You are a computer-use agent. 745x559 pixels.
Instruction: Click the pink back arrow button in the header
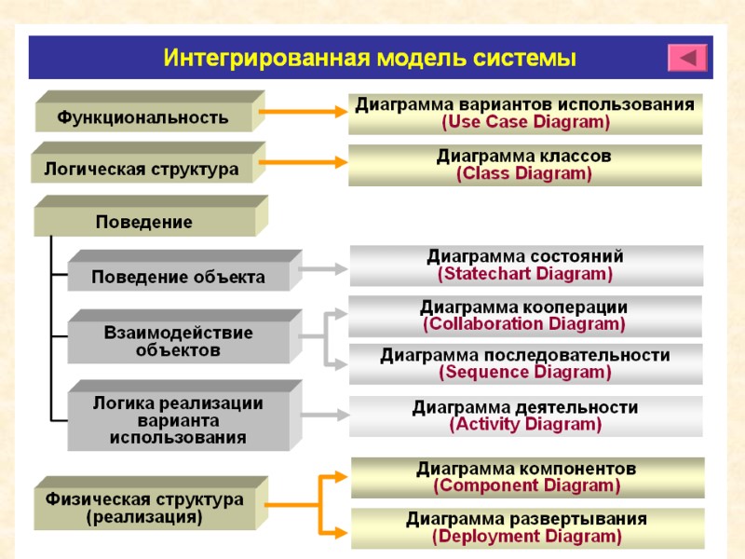pyautogui.click(x=688, y=58)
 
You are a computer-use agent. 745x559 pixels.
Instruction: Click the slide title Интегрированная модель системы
pyautogui.click(x=370, y=58)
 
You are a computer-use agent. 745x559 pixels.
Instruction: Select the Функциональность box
pyautogui.click(x=143, y=117)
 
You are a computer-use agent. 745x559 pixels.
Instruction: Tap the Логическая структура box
pyautogui.click(x=141, y=169)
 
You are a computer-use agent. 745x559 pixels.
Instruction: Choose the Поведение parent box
pyautogui.click(x=143, y=222)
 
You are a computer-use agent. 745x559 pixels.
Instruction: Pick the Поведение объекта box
pyautogui.click(x=178, y=277)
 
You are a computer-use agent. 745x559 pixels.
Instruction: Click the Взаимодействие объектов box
pyautogui.click(x=178, y=341)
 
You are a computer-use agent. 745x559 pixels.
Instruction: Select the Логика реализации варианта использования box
pyautogui.click(x=178, y=419)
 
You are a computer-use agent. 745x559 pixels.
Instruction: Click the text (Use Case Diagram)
pyautogui.click(x=525, y=122)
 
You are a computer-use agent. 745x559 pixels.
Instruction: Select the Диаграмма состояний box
pyautogui.click(x=525, y=265)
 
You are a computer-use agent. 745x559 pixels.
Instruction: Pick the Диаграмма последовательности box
pyautogui.click(x=525, y=363)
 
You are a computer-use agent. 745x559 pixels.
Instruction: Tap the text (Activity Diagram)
pyautogui.click(x=525, y=424)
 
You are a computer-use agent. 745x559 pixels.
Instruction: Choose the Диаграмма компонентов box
pyautogui.click(x=526, y=476)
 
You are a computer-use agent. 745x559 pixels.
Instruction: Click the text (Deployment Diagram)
pyautogui.click(x=526, y=536)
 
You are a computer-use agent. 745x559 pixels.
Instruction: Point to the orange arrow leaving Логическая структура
pyautogui.click(x=304, y=164)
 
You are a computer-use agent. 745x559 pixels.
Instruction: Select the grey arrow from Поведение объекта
pyautogui.click(x=323, y=269)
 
